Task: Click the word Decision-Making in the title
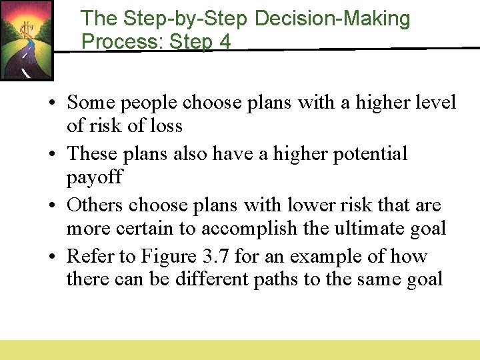[333, 19]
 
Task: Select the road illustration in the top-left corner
[26, 40]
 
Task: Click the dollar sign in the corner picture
[25, 30]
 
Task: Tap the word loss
[166, 125]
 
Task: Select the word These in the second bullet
[92, 153]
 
